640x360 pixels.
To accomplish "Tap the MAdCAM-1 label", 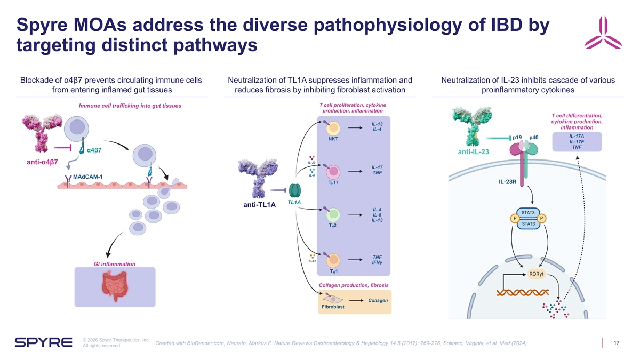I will point(88,177).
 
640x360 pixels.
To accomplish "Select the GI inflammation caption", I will point(114,264).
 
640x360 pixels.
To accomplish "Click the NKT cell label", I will point(333,139).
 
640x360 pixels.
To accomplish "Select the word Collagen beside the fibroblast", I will point(378,300).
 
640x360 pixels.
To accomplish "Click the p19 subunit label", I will point(517,138).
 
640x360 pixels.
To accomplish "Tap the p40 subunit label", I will point(534,138).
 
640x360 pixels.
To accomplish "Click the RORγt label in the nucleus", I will point(537,275).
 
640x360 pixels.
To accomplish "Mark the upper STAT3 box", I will point(528,213).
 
